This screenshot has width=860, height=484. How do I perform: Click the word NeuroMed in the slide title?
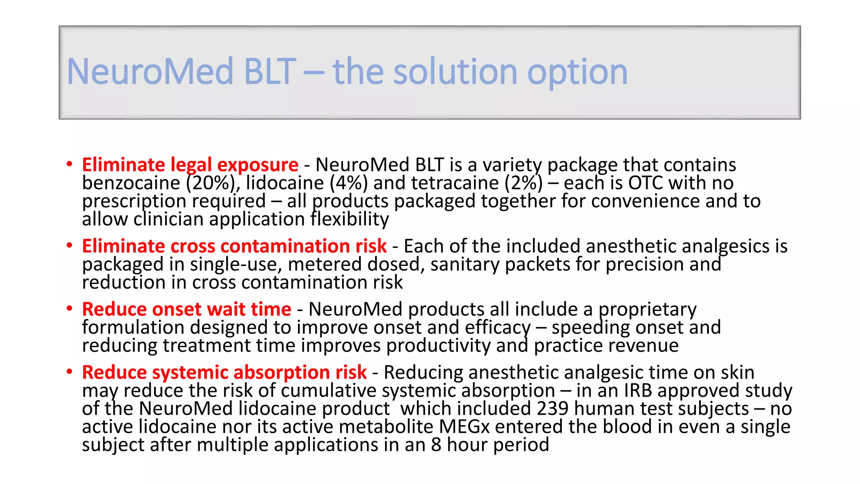coord(150,71)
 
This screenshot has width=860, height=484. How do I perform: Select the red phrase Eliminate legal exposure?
coord(190,165)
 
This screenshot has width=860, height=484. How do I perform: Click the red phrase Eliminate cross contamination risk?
coord(234,246)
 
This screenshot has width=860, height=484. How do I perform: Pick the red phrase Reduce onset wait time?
coord(186,309)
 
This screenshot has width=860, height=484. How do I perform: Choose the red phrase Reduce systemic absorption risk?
coord(224,372)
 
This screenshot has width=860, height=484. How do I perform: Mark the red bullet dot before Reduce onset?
coord(69,309)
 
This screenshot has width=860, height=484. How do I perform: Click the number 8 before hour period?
coord(436,445)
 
